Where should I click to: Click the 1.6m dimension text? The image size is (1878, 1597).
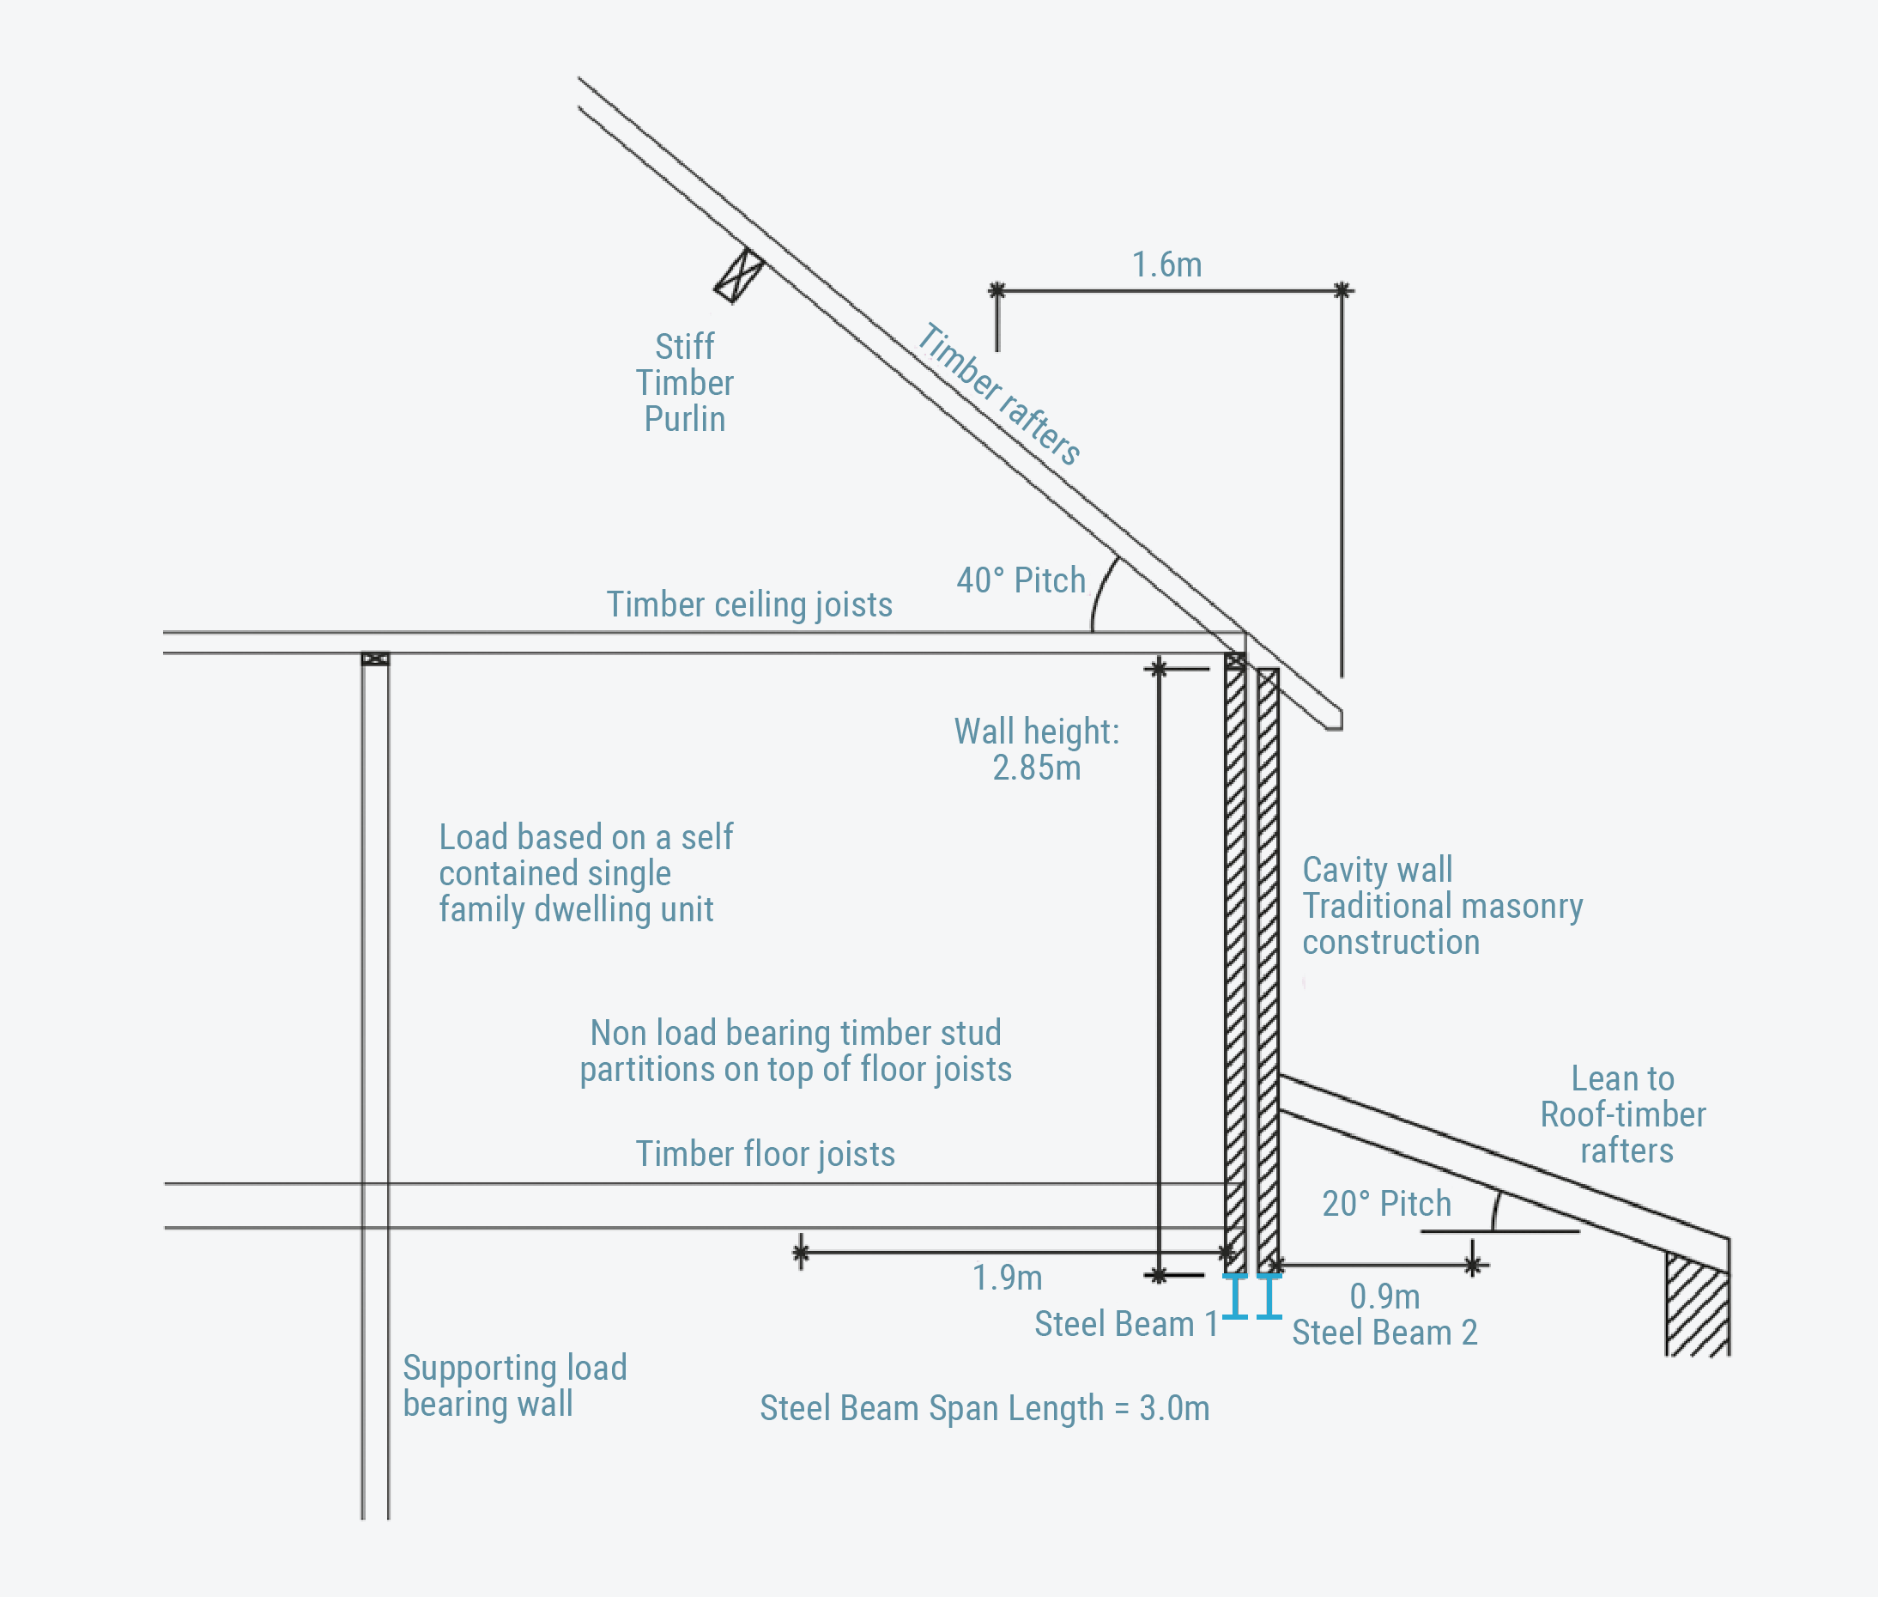(x=1166, y=265)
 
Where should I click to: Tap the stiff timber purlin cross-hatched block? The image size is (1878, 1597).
(x=739, y=276)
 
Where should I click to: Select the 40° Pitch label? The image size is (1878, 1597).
(x=1021, y=580)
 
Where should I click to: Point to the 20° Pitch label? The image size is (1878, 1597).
(x=1386, y=1204)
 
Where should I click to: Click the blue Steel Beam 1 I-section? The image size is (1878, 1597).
(x=1235, y=1296)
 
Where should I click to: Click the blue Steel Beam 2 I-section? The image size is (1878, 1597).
(x=1269, y=1296)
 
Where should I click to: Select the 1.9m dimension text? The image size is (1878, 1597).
(x=1008, y=1278)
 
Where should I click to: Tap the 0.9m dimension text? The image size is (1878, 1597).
(x=1384, y=1296)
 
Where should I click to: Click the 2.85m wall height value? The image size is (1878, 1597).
(x=1036, y=768)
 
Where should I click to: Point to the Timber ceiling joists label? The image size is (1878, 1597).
(x=749, y=604)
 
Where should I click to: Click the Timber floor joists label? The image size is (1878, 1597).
(x=765, y=1154)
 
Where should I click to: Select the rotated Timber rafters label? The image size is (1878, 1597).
(x=999, y=395)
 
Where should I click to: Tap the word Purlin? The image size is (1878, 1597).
(x=684, y=419)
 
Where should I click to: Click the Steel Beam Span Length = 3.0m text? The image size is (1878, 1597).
(x=984, y=1409)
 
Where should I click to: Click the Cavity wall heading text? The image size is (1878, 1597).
(x=1377, y=870)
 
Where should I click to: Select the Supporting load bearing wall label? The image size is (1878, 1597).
(x=514, y=1386)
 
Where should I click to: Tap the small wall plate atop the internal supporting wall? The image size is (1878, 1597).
(x=375, y=659)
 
